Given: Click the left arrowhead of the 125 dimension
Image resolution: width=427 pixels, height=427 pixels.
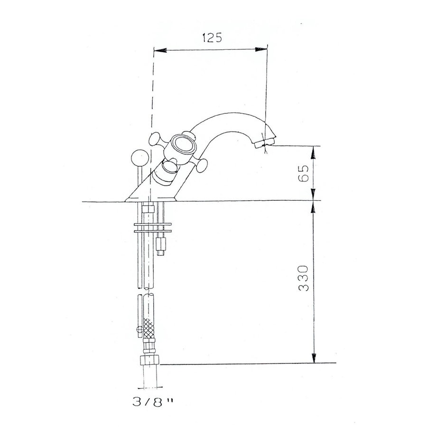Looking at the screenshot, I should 159,49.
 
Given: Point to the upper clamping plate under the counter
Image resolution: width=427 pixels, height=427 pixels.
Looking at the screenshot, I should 151,223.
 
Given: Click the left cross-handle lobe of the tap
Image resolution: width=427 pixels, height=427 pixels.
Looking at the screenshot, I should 156,139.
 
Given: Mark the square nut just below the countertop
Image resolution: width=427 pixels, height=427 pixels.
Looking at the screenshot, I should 148,209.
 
